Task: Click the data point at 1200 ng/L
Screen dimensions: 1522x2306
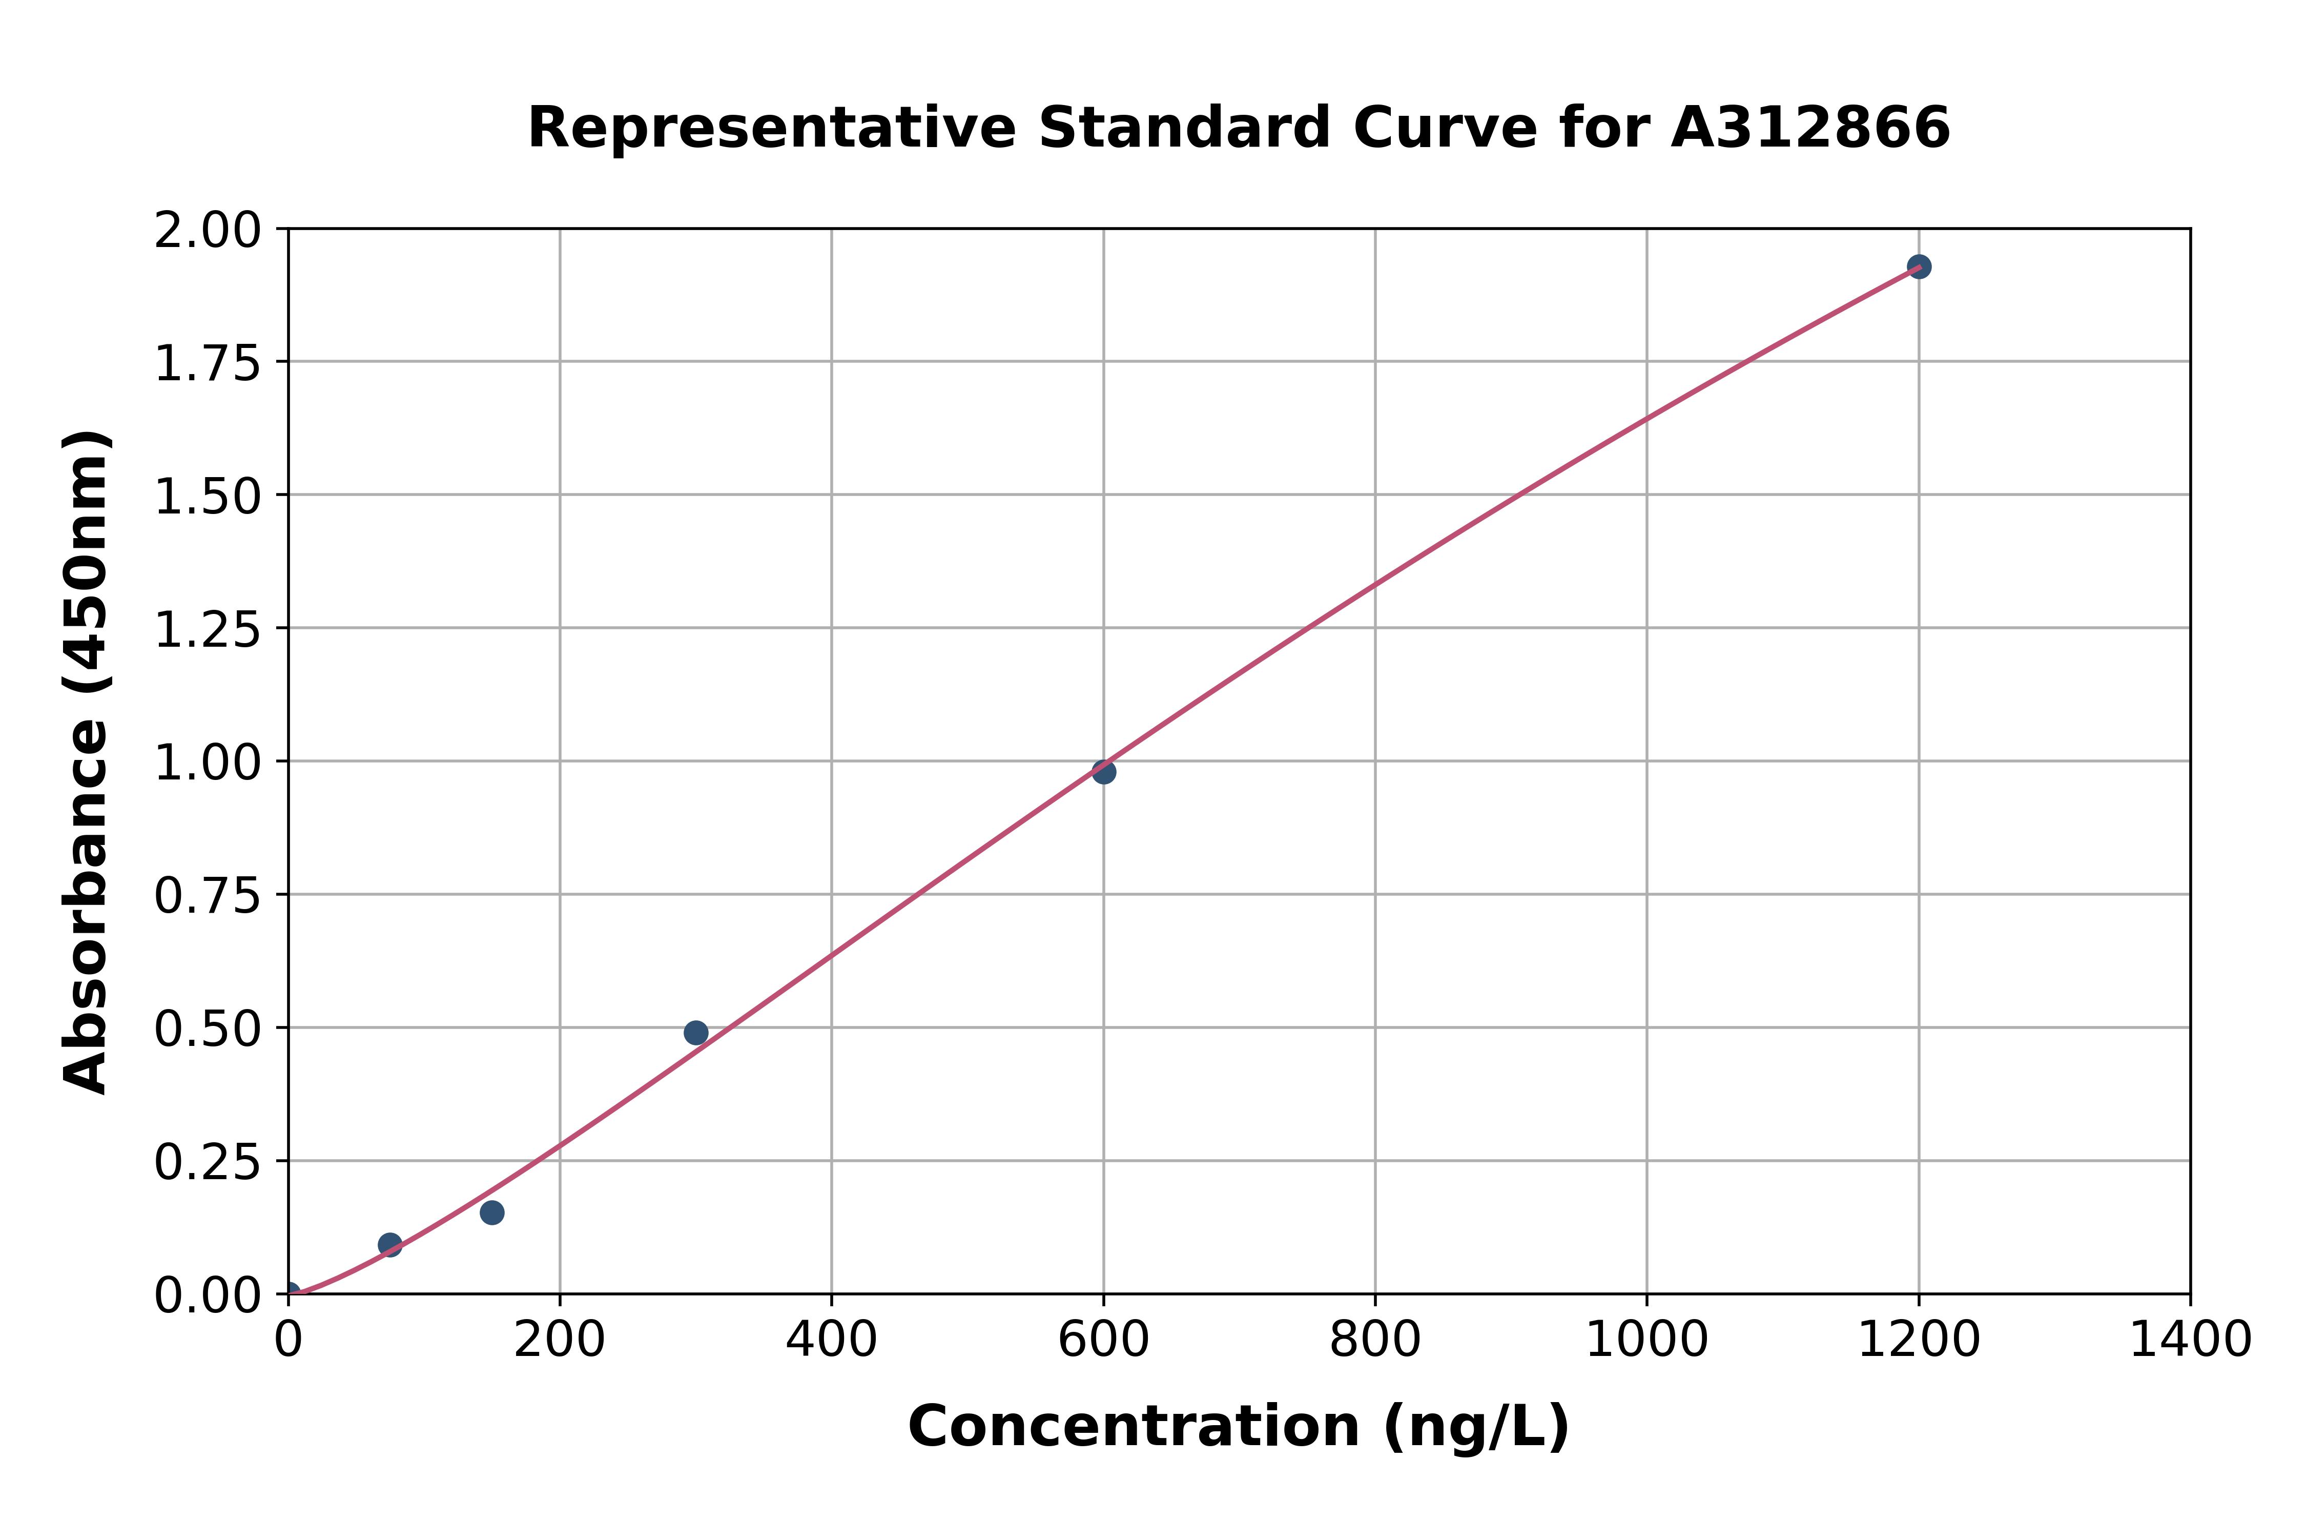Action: tap(1918, 267)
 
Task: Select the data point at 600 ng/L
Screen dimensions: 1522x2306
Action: tap(1103, 772)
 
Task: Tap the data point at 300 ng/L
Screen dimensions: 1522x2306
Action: tap(696, 1033)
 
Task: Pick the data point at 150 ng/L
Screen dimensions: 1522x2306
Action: tap(492, 1212)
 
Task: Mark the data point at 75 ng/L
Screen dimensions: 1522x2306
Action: tap(390, 1244)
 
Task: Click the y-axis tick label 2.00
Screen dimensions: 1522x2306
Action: tap(208, 231)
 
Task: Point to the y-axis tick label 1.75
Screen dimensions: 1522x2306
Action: tap(208, 364)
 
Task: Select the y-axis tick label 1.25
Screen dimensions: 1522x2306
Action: tap(208, 630)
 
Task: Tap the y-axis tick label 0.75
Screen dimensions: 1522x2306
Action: tap(208, 896)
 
